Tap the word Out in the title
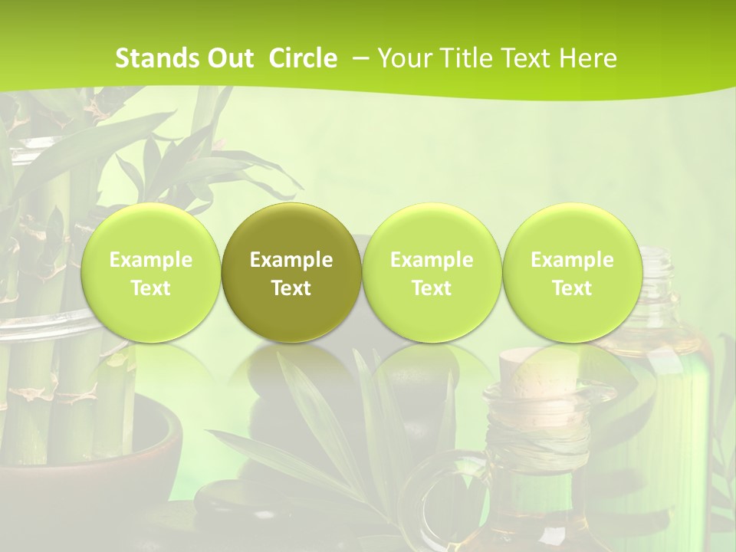pos(231,58)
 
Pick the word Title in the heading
pos(468,58)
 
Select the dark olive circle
pos(291,272)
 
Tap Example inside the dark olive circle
pos(291,260)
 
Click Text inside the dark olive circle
pos(291,288)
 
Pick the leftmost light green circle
pos(151,272)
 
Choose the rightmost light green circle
pos(572,272)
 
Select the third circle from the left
pos(432,272)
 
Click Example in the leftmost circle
pos(151,260)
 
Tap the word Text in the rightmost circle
pos(572,288)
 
